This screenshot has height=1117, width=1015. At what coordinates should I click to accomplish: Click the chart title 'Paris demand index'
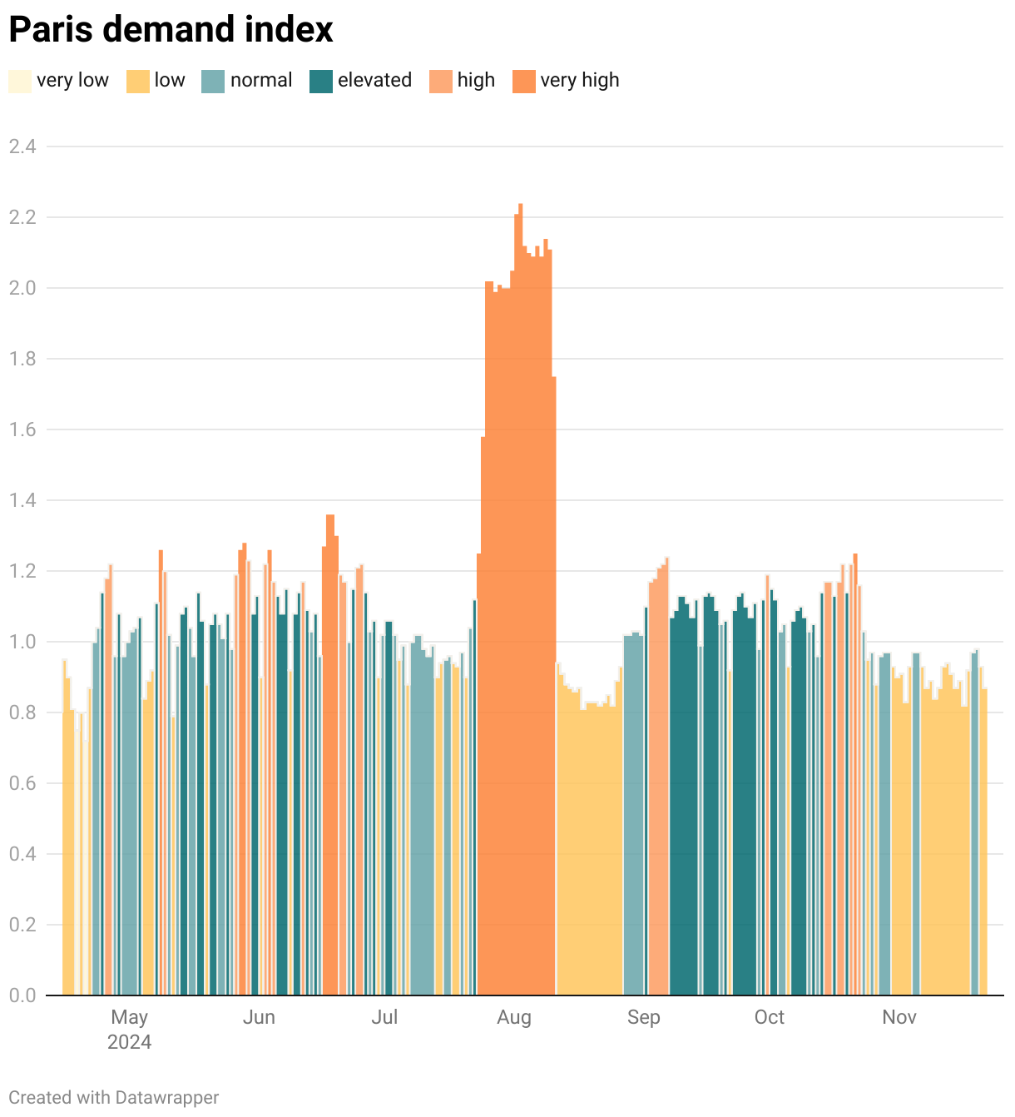(x=171, y=30)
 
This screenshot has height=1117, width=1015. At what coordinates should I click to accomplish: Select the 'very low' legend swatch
(x=20, y=81)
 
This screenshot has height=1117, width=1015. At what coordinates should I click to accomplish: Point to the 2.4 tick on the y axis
(x=22, y=146)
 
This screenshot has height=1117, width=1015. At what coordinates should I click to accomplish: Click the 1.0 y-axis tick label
(x=22, y=642)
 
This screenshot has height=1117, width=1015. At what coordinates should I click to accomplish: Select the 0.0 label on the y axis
(x=22, y=995)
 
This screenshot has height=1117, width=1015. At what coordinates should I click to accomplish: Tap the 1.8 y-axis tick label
(x=22, y=359)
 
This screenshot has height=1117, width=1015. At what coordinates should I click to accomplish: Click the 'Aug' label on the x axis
(x=513, y=1017)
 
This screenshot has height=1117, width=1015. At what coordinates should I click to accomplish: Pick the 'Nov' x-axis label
(x=899, y=1017)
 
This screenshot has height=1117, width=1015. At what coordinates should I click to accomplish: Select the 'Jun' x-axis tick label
(x=259, y=1017)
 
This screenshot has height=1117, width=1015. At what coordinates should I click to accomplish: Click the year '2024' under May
(x=129, y=1042)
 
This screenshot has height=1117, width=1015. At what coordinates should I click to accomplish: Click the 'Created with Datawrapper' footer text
(x=114, y=1098)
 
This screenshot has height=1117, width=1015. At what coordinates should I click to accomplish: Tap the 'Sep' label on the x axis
(x=643, y=1017)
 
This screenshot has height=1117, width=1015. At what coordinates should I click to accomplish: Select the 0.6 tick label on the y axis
(x=22, y=783)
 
